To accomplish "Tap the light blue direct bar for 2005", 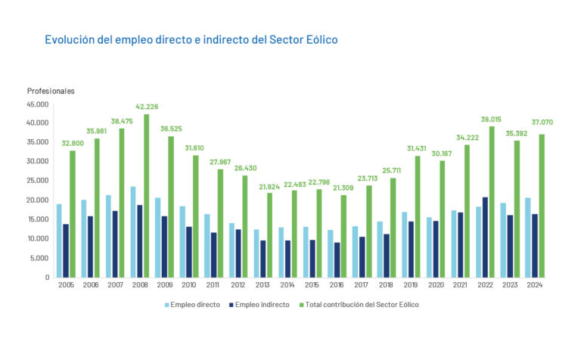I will point(59,241).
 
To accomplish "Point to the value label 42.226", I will point(146,107).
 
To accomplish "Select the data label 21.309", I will point(344,188).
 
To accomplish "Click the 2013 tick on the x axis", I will point(263,285).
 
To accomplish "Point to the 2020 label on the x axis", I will point(436,285).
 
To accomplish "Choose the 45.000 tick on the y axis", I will point(37,104).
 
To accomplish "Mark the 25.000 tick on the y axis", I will point(37,181).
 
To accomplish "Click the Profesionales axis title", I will point(51,91).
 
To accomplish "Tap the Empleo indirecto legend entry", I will point(261,305).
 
